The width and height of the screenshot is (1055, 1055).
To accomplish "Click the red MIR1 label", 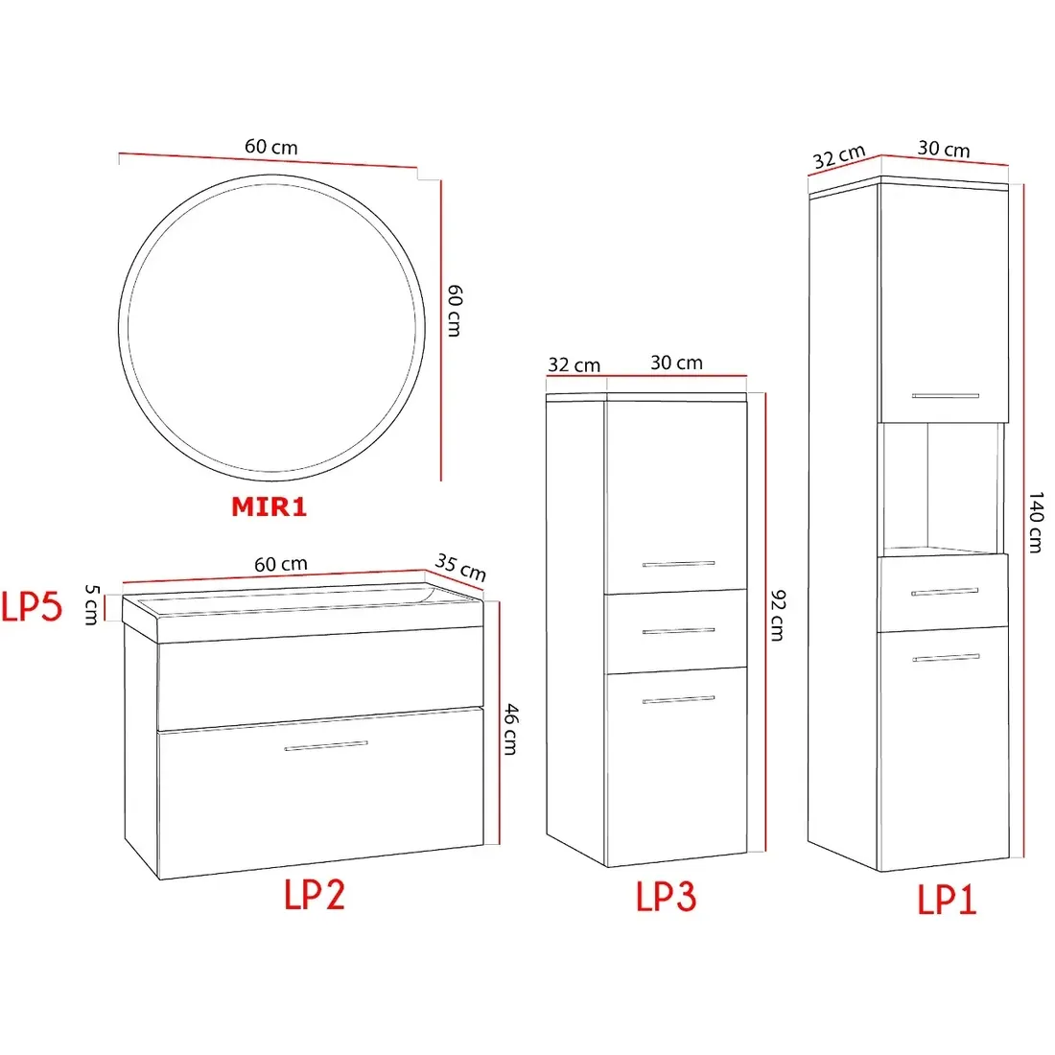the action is [270, 506].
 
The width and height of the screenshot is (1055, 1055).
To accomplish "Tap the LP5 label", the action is [32, 606].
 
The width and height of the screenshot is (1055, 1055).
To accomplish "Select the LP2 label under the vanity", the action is [315, 895].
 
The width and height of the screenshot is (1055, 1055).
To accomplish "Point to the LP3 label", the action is [667, 896].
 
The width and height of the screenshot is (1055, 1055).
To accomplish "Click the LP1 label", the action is [947, 900].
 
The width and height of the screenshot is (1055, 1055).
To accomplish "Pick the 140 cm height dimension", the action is [1036, 522].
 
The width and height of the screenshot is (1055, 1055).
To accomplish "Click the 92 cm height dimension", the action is [777, 615].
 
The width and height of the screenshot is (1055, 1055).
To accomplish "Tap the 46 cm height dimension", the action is [511, 729].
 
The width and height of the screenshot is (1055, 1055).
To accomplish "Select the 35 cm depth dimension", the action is [461, 567].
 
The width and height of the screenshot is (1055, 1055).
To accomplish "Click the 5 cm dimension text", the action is [92, 605].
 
